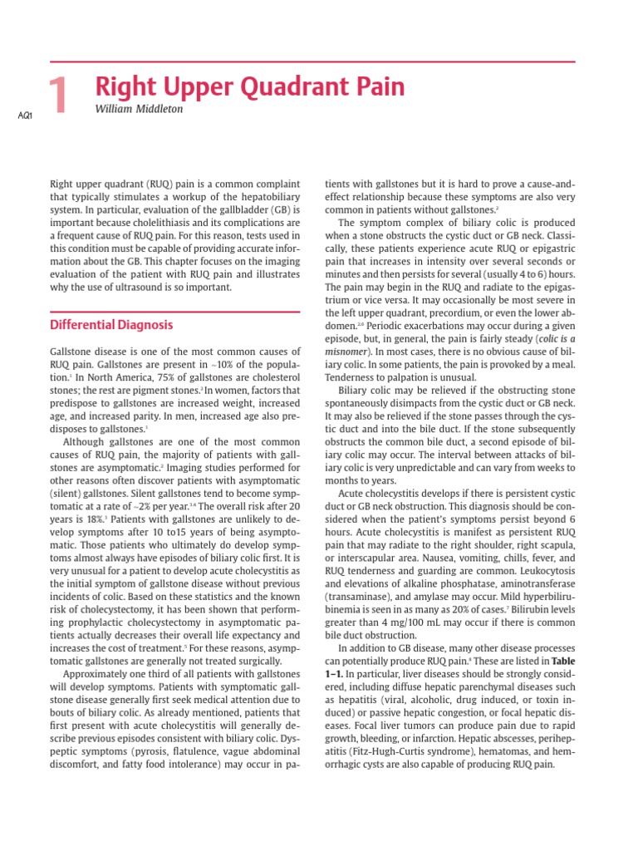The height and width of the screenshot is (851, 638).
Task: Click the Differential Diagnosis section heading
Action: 112,324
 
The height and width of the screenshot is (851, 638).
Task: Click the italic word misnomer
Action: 351,353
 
